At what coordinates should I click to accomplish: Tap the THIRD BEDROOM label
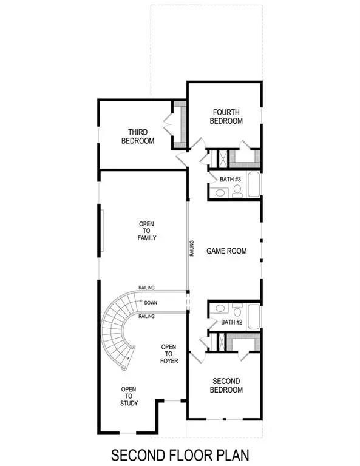140,136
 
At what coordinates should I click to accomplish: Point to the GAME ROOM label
226,251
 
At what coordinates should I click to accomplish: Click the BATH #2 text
231,322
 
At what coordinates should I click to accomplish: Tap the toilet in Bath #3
237,192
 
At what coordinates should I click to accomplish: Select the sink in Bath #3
219,193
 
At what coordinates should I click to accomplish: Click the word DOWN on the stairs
151,302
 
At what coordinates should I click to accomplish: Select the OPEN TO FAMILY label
147,231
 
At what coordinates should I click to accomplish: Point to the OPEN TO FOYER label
168,355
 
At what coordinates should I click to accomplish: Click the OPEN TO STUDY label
129,396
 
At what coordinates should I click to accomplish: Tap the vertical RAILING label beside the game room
192,251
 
